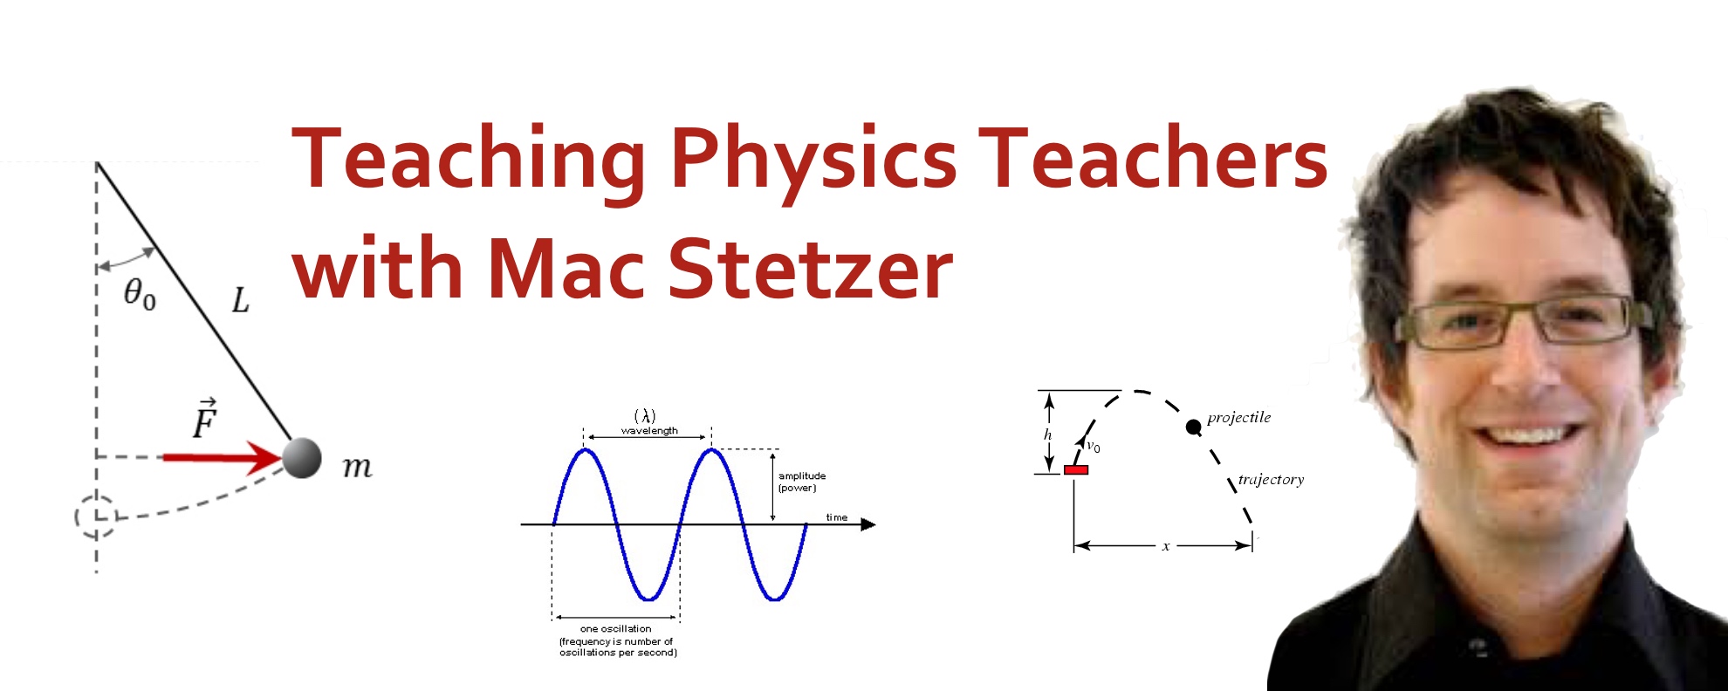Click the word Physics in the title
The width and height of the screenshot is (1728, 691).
coord(813,159)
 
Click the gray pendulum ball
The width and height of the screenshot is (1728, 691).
coord(302,458)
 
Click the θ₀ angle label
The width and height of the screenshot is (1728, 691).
coord(140,293)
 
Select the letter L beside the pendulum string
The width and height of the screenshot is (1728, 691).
coord(240,301)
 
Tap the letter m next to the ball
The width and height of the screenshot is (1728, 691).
coord(357,467)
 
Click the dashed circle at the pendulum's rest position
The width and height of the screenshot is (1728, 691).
coord(95,516)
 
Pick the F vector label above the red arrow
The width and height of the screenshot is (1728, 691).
coord(204,420)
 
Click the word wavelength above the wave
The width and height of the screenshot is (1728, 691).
coord(649,431)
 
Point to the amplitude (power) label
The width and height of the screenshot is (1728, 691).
coord(801,482)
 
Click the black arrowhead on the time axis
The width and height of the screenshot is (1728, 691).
coord(867,524)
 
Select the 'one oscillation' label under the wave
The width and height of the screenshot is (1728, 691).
coord(615,628)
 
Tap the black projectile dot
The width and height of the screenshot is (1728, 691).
coord(1193,427)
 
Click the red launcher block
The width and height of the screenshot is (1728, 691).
coord(1075,470)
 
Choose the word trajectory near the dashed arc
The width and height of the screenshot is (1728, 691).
coord(1271,479)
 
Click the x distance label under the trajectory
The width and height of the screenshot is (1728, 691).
coord(1165,547)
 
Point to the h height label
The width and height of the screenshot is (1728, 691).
coord(1047,434)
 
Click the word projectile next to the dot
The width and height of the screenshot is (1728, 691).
coord(1238,417)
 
